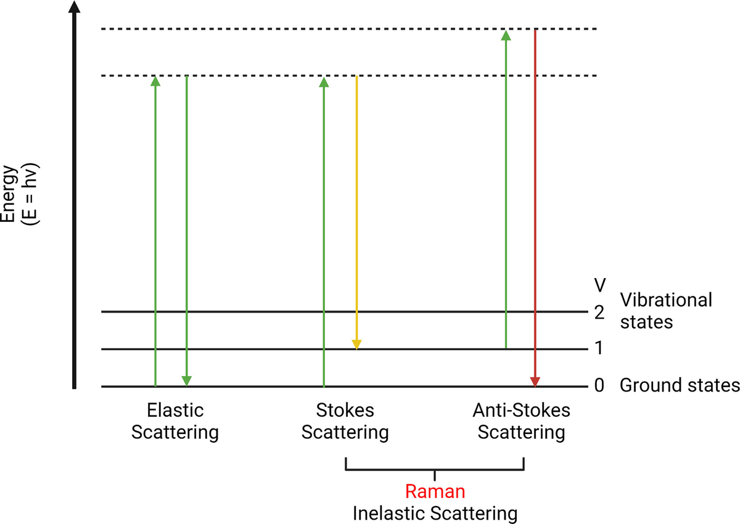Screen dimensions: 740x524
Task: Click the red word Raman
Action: [435, 491]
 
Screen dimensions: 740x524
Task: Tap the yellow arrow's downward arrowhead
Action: [356, 345]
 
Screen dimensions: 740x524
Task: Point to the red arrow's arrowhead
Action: [535, 382]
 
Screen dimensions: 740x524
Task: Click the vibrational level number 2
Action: [599, 312]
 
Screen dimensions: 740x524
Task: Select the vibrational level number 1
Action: [599, 348]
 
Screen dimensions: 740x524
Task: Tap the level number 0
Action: [599, 385]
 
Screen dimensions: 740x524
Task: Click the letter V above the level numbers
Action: [600, 285]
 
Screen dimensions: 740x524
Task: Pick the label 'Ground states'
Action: [680, 385]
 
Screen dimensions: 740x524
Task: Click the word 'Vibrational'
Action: [665, 300]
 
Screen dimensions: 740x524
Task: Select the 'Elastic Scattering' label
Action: [175, 421]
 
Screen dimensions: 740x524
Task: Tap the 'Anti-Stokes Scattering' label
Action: [521, 421]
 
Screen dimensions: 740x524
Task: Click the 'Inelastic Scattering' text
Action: [435, 514]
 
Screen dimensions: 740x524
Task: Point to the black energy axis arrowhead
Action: [75, 7]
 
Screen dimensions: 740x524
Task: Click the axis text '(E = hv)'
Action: [30, 194]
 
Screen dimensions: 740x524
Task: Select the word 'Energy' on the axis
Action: [9, 194]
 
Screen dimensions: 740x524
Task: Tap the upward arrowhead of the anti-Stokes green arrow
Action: [506, 35]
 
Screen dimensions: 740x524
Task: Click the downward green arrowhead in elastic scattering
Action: [187, 381]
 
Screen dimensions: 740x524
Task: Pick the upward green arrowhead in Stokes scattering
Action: [324, 82]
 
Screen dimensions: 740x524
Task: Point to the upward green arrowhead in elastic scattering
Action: [155, 81]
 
